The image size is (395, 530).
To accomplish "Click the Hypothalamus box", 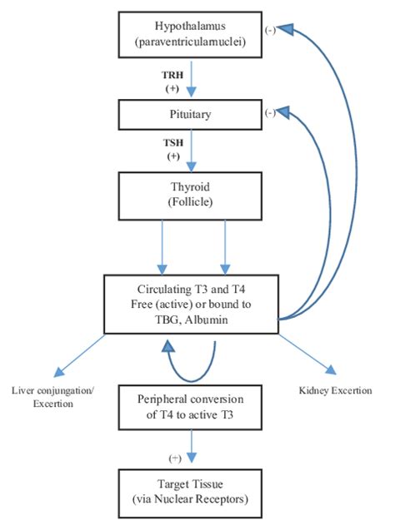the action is [190, 34].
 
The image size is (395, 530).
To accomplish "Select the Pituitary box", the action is [190, 115].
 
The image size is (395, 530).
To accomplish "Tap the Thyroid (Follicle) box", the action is [190, 196].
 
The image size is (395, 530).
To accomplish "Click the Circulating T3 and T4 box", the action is [191, 305].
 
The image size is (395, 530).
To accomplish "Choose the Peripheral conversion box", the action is [190, 408].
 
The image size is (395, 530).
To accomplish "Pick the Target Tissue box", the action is [190, 493].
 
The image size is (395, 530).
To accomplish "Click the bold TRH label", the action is [172, 75].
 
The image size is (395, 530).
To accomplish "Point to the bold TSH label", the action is [173, 142].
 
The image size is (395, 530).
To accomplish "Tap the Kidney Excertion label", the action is [336, 390].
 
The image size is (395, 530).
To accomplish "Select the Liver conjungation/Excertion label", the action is [53, 397].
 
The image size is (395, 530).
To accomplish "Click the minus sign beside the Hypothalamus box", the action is [270, 31].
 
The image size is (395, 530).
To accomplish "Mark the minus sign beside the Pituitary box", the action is [270, 112].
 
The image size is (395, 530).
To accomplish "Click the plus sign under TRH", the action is [172, 88].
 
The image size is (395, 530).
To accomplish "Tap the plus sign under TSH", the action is [173, 156].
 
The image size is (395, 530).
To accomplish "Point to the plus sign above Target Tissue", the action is [175, 458].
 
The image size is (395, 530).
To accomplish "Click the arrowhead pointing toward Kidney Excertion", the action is [332, 370].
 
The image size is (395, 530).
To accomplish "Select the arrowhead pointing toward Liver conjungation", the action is [59, 372].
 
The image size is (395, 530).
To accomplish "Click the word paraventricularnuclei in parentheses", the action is [190, 42].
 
